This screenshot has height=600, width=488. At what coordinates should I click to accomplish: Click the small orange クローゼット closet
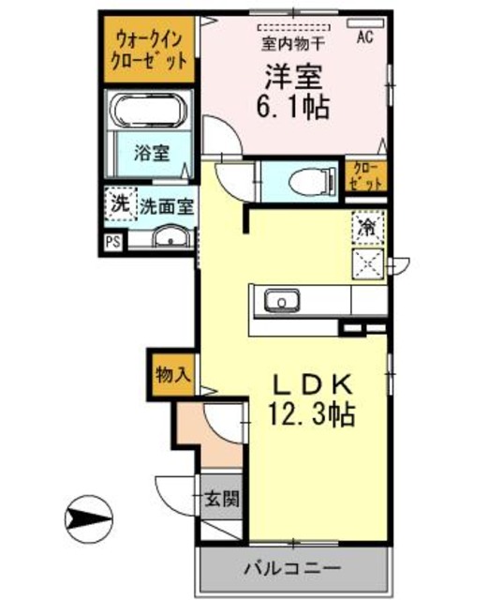tap(366, 175)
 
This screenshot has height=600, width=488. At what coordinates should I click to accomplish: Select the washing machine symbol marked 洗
tap(120, 203)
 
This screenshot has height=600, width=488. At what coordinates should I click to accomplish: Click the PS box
tap(112, 242)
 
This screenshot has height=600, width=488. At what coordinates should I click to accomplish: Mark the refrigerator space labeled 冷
tap(368, 226)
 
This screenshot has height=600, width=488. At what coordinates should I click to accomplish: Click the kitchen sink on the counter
tap(278, 302)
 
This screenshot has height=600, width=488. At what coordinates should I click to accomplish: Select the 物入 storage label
tap(172, 373)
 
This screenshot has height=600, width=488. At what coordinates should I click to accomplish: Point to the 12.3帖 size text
tap(311, 415)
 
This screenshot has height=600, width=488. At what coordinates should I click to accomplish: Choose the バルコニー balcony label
tap(293, 568)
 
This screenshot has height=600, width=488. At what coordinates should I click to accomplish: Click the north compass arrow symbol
tap(89, 516)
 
